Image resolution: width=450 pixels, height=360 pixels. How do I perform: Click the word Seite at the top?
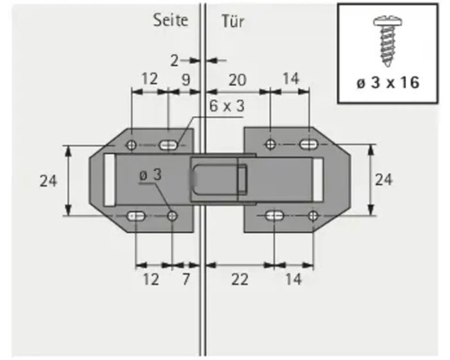[x=170, y=20]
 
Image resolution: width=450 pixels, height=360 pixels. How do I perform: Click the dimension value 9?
[x=184, y=79]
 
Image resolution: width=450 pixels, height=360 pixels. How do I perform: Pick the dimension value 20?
[x=236, y=79]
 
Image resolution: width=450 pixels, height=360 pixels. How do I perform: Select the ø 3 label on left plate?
[x=149, y=175]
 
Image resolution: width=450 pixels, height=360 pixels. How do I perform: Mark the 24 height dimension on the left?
[x=49, y=180]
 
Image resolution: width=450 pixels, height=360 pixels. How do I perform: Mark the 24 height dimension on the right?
[x=383, y=180]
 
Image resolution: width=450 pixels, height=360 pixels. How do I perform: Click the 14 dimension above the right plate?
[x=289, y=79]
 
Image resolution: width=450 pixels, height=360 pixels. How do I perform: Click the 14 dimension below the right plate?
[x=294, y=280]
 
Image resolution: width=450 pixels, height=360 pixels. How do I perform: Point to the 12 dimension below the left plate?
[x=150, y=280]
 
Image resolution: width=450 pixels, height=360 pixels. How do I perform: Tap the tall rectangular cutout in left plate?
[x=108, y=180]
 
